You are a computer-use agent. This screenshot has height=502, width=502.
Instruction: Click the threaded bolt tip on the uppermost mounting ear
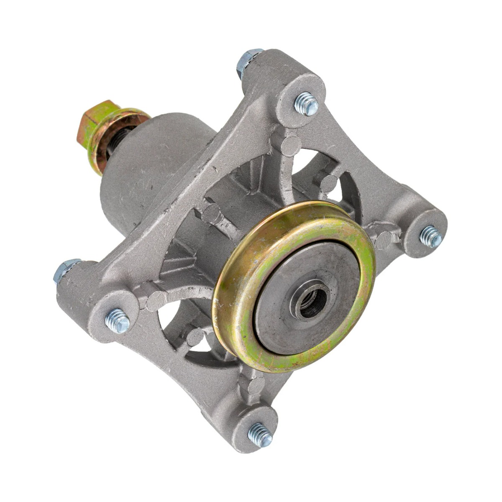point(306,104)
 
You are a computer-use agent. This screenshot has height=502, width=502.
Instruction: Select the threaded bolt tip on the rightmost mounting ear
point(431,236)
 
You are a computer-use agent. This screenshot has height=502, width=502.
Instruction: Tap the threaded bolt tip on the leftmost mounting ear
point(117,321)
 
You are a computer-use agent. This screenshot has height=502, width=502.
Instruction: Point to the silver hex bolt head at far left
point(63,270)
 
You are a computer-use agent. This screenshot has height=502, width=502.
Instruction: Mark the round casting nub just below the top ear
point(290,144)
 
